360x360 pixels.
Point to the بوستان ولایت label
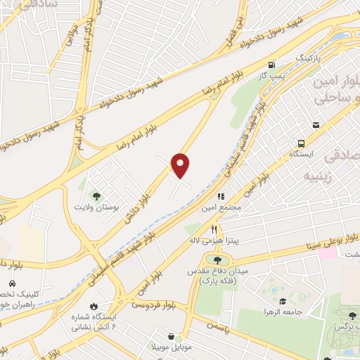point(98,207)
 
